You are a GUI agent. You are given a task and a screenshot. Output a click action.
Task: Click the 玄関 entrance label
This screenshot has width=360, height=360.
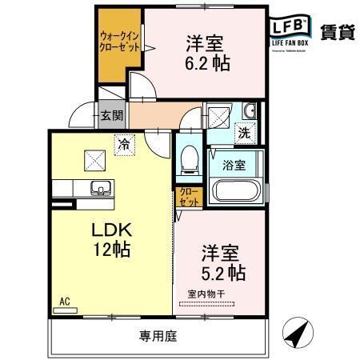(112, 115)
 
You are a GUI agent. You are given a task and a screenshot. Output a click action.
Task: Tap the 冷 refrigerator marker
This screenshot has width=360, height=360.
(124, 145)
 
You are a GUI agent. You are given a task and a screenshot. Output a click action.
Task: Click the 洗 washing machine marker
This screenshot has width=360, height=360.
(243, 134)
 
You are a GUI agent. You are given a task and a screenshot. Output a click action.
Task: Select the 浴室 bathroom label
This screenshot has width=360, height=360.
(234, 166)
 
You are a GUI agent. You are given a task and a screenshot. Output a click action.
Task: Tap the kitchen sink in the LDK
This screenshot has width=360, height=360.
(100, 189)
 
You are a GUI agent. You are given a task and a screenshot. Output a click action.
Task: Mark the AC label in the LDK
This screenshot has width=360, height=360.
(66, 302)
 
